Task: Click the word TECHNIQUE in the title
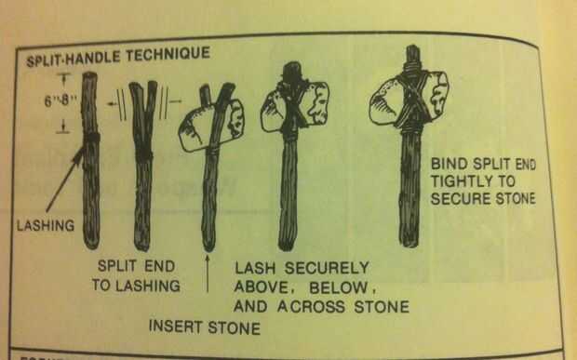tap(168, 55)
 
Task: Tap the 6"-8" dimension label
tap(57, 100)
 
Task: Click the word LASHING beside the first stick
tap(46, 225)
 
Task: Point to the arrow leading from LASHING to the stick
tap(65, 180)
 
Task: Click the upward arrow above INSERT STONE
tap(208, 273)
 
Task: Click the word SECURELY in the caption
tap(327, 268)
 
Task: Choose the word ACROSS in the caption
tap(311, 307)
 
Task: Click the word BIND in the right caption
tap(449, 164)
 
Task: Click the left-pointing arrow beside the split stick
tap(112, 104)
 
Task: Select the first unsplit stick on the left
tap(90, 160)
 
